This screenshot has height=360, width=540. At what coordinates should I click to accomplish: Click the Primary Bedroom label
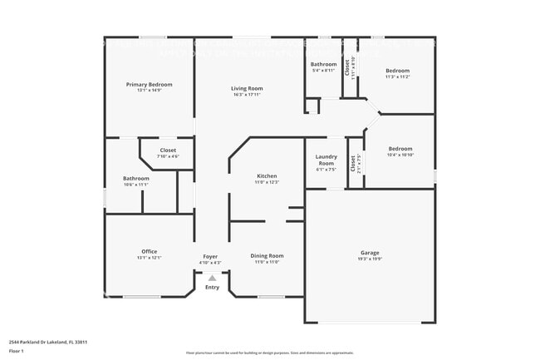[150, 85]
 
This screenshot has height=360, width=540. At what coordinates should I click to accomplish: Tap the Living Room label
[247, 88]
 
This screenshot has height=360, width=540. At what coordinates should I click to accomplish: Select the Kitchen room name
[267, 176]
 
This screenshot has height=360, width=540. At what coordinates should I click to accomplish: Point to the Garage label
[370, 252]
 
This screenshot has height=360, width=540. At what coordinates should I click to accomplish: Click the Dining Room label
[267, 256]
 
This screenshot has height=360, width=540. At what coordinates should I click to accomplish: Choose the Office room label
[149, 251]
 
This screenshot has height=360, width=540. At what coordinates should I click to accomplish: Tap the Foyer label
[211, 256]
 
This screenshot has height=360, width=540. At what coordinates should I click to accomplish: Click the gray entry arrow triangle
[212, 279]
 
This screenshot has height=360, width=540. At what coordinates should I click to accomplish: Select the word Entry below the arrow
[212, 288]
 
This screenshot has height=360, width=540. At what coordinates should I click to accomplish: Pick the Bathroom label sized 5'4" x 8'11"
[323, 64]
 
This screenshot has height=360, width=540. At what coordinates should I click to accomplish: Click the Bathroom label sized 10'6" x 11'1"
[136, 178]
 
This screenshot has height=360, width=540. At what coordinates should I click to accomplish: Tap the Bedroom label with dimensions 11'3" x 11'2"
[397, 71]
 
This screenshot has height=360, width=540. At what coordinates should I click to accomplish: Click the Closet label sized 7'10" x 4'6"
[168, 150]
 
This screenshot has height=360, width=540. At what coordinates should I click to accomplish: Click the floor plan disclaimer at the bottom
[270, 353]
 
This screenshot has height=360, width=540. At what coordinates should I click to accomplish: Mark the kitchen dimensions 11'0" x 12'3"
[267, 182]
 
